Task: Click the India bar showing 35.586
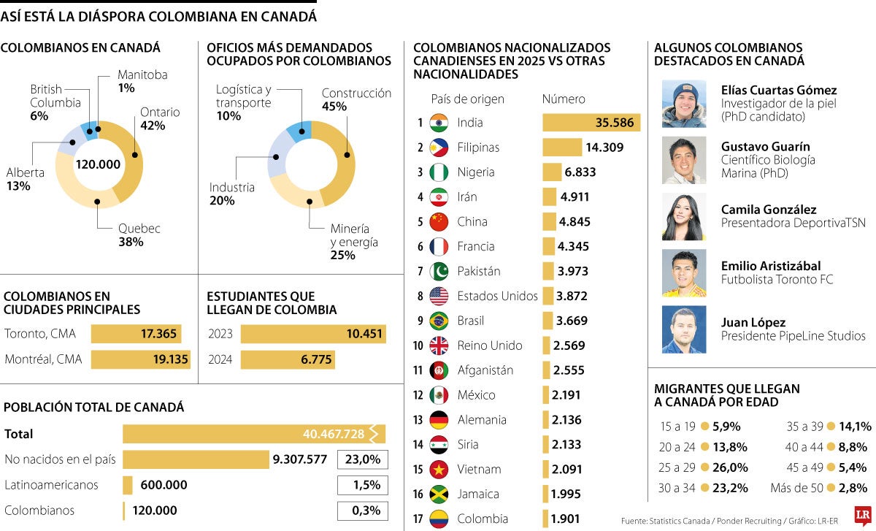591,123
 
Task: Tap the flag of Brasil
439,321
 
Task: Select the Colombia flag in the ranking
439,519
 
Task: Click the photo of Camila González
684,217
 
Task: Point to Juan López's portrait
684,329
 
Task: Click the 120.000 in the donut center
98,164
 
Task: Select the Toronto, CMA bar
135,335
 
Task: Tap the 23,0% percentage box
362,459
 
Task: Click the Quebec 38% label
139,235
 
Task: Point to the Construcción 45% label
356,99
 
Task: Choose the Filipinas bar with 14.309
561,148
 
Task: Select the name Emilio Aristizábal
770,266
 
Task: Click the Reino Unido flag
439,345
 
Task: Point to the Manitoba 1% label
142,81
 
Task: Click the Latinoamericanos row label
51,485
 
